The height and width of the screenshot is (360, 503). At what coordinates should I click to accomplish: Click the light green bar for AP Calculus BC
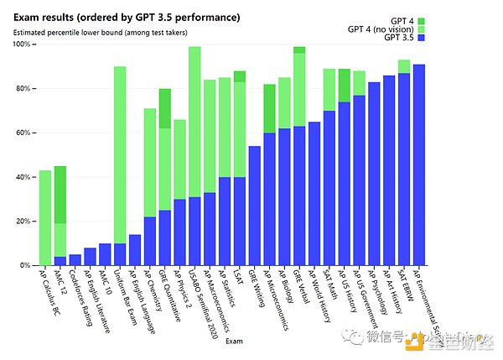click(45, 218)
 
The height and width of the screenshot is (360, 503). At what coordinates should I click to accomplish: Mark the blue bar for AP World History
click(314, 194)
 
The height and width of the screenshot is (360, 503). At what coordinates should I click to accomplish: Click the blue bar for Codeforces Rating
click(75, 259)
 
